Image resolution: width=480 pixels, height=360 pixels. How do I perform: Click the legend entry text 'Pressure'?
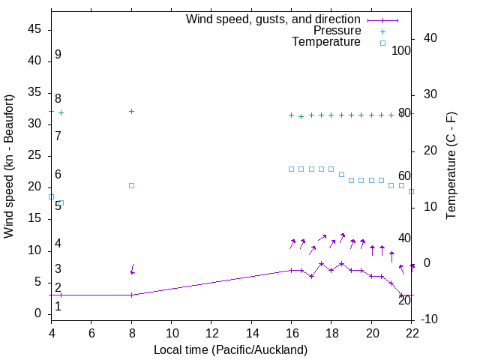point(337,31)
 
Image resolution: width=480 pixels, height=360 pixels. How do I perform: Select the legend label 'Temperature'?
point(326,42)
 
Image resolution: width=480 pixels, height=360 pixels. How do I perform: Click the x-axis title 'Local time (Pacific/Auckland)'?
point(230,349)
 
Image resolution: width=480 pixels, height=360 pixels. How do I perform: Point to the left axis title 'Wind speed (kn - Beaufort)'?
point(9,166)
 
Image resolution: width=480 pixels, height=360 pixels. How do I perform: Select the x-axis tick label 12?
point(211,334)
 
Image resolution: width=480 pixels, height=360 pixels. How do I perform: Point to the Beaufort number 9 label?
point(58,55)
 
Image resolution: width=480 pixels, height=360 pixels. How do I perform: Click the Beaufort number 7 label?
point(58,136)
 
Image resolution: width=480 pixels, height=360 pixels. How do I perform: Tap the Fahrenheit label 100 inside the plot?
point(401,51)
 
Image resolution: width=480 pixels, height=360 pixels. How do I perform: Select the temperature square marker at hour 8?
point(131,185)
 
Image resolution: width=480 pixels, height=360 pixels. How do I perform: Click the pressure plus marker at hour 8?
point(131,111)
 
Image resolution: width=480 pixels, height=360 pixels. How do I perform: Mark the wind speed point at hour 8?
point(131,295)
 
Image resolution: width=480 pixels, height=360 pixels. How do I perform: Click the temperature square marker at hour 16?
point(292,169)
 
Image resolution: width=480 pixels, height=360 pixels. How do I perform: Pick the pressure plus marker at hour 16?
point(292,115)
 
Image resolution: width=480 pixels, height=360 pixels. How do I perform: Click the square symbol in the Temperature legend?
point(382,43)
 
